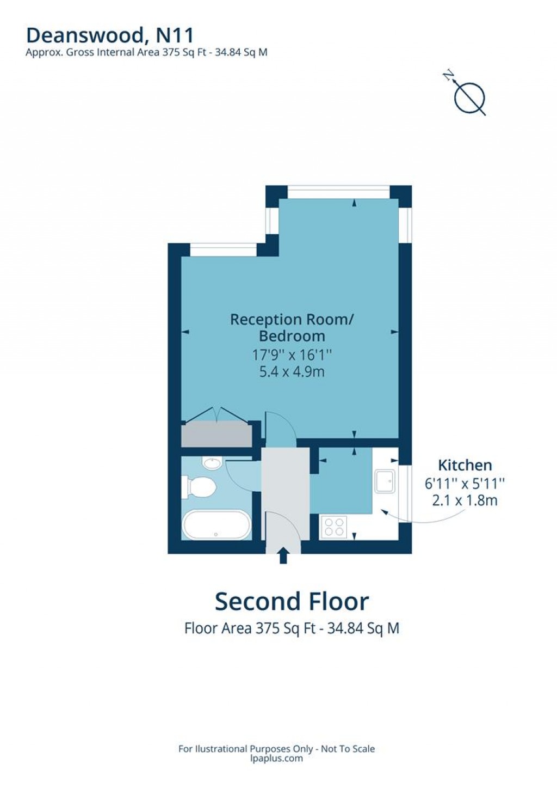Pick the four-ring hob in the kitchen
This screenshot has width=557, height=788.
334,526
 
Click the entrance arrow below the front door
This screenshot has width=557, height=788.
283,557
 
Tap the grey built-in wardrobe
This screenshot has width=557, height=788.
216,433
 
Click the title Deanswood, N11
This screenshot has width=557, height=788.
110,35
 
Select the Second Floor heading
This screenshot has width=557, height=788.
292,601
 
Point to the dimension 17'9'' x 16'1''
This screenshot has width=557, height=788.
292,355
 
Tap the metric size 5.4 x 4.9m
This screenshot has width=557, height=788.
292,371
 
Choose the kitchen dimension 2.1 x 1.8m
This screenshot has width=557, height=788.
465,500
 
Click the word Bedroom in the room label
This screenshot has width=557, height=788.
292,337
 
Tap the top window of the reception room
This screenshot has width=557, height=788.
339,192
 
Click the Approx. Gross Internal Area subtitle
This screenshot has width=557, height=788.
146,52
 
